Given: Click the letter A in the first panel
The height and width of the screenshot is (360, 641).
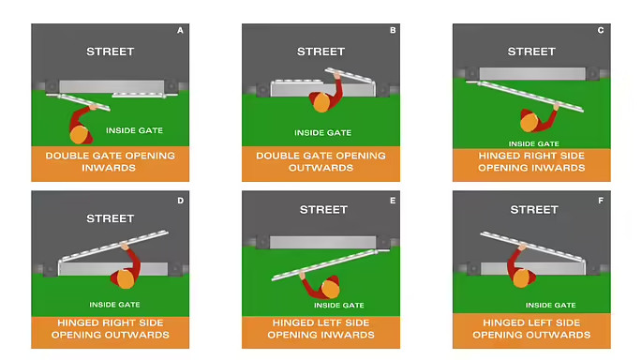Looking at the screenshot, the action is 180,31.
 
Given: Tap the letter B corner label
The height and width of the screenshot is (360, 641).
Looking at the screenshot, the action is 393,30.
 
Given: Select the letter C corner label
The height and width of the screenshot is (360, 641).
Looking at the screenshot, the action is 601,30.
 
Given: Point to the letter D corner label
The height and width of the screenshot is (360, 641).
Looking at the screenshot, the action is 181,201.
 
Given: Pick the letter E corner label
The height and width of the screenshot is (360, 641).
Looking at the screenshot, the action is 393,201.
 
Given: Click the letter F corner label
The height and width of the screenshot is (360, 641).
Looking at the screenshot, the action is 601,201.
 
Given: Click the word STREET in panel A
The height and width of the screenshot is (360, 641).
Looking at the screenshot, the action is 111,52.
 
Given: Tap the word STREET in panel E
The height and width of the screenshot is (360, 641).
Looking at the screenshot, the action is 323,210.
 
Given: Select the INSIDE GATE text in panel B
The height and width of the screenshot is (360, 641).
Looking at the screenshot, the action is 323,133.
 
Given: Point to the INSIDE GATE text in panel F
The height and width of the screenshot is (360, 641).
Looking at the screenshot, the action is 551,306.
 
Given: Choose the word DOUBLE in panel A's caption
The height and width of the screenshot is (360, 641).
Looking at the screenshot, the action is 66,156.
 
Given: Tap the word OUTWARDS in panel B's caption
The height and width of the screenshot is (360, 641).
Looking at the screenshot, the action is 320,168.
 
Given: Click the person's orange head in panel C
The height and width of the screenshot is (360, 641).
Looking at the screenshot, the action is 529,122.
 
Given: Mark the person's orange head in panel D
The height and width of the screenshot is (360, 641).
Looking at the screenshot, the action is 126,279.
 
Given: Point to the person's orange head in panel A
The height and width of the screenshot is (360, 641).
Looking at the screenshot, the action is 79,135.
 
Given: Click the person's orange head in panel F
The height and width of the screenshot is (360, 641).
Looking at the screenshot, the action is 521,278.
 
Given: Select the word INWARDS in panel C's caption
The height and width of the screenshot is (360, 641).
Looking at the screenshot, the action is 559,168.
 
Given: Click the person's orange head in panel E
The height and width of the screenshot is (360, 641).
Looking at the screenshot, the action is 331,289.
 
